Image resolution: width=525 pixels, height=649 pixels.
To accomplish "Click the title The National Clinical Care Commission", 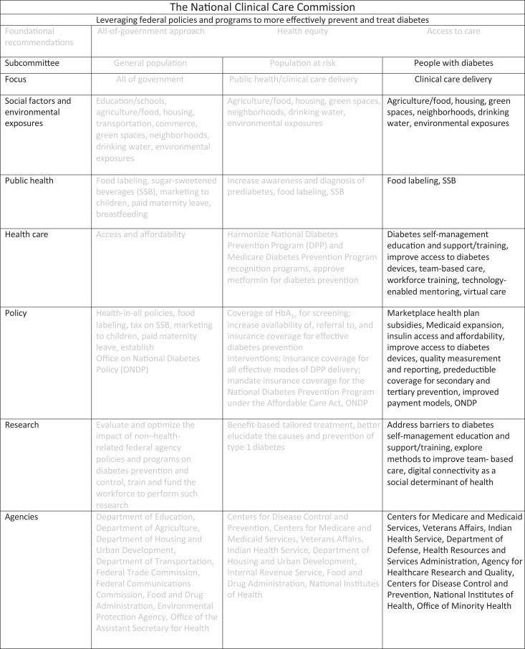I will coord(262,8).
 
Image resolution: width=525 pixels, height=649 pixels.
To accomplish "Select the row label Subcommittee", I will coord(29,62).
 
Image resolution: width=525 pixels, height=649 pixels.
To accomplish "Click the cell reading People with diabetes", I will coord(443,62).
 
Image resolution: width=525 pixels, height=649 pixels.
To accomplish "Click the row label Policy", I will coord(16,313).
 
